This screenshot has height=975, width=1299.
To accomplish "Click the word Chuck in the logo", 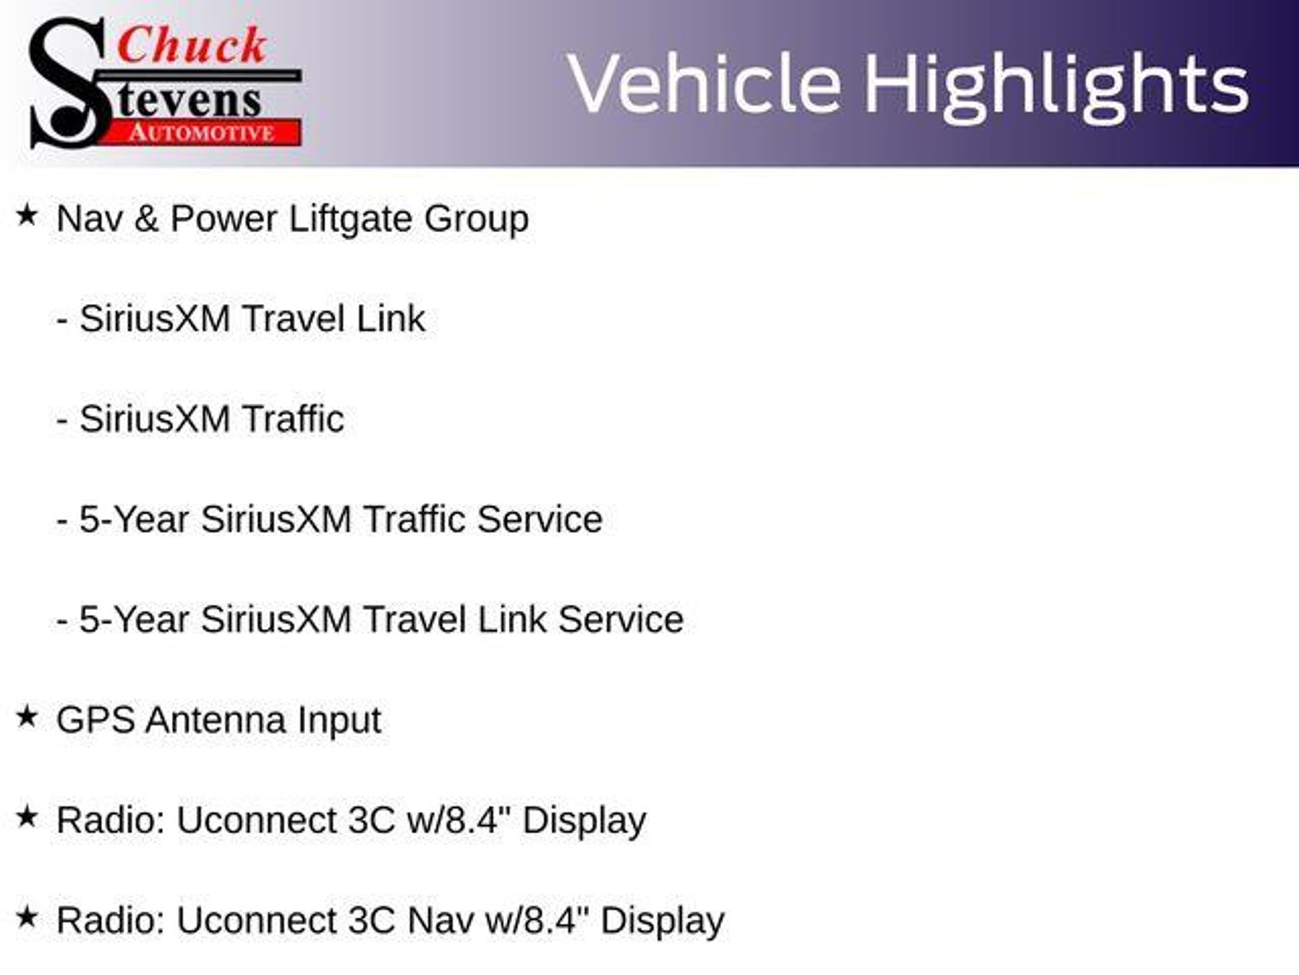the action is pos(192,46).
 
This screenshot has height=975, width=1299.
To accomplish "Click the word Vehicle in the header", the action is pos(704,84).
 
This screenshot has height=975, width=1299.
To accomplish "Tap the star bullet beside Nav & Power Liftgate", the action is pos(27,215).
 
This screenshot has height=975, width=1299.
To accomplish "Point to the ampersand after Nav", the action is pos(146,218).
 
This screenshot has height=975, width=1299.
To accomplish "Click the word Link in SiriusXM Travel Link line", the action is pos(391,318).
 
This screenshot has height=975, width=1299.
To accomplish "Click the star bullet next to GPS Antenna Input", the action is pos(27,717).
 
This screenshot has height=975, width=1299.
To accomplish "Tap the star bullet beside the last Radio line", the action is pos(27,917).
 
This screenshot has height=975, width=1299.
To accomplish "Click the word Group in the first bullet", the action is pos(476,220).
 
